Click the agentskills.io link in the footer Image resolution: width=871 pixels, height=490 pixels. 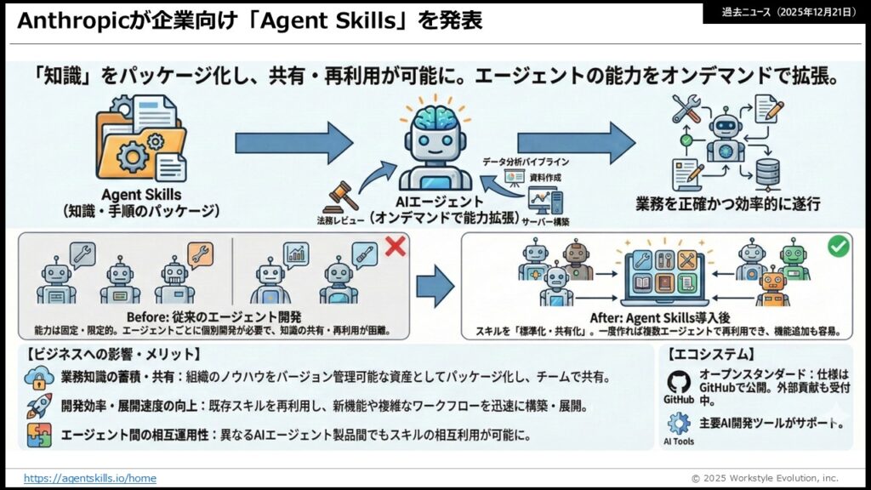[90, 478]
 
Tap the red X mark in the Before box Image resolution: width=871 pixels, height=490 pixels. [395, 247]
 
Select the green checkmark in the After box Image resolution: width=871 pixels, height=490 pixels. [838, 246]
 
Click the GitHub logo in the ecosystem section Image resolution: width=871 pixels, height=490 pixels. [678, 383]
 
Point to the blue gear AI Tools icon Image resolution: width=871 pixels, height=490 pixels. [678, 424]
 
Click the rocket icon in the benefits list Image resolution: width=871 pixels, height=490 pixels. [39, 406]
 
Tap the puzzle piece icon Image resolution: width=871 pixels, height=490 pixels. [39, 435]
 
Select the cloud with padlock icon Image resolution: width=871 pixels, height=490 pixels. [39, 379]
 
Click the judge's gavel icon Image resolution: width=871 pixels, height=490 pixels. [339, 197]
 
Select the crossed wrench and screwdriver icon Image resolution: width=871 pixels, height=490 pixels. [686, 108]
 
